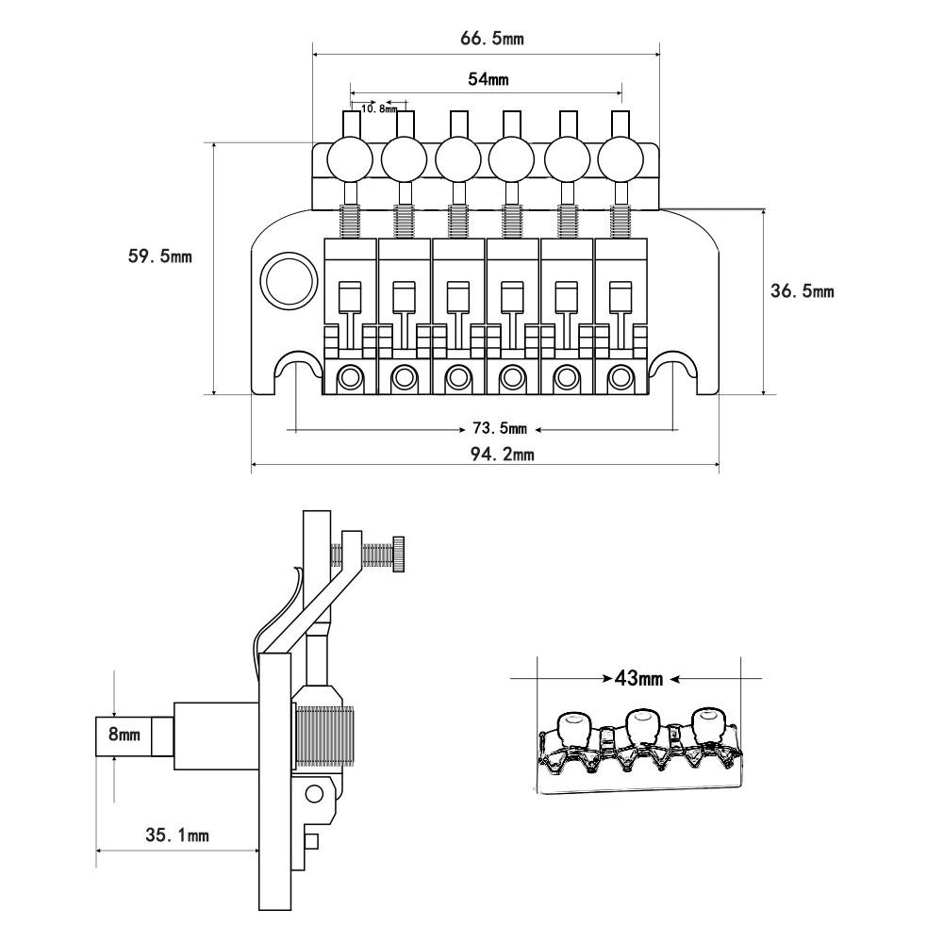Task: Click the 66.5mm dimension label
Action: click(x=492, y=39)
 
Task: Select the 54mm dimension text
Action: click(x=488, y=79)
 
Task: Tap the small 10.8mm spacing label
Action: click(x=379, y=108)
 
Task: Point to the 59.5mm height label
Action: click(x=160, y=256)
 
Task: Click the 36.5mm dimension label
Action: click(x=802, y=291)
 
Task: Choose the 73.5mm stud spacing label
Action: click(x=500, y=428)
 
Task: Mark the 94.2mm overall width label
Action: click(x=503, y=454)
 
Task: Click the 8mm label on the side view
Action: click(x=124, y=735)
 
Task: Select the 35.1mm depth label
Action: click(x=177, y=835)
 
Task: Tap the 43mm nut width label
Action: click(x=638, y=679)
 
